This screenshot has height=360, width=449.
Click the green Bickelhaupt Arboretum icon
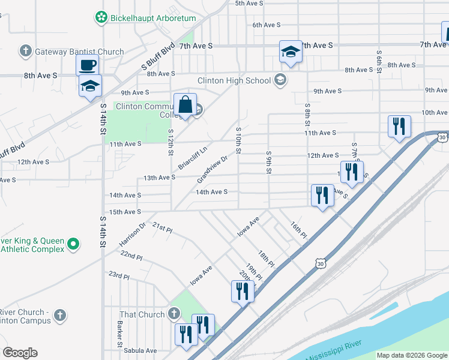coord(101,18)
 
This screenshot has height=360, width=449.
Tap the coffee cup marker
coord(87,65)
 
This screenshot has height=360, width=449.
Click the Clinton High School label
coord(235,80)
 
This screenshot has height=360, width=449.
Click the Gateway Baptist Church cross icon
coord(25,52)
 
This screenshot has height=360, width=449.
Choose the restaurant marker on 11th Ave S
coord(399,127)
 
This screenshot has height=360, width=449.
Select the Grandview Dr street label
coord(213,170)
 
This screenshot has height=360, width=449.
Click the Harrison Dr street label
coord(133,234)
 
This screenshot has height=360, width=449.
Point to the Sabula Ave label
coord(140,351)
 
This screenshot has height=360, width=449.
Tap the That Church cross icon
coord(174,314)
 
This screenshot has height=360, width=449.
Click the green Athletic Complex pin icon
coord(74,244)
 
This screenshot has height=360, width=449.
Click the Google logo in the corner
coord(20,353)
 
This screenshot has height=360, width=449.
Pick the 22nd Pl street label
coord(131,256)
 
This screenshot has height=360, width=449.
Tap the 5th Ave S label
coord(249,4)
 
